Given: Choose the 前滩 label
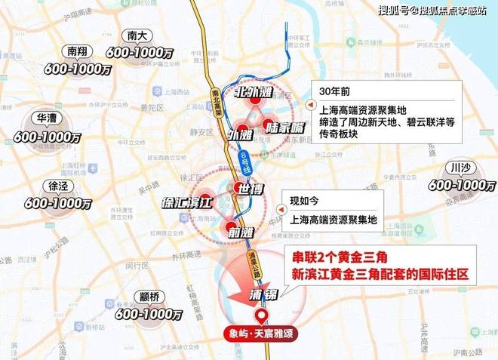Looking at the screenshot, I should point(240,232).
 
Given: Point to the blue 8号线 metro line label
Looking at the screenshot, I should point(243,161).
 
